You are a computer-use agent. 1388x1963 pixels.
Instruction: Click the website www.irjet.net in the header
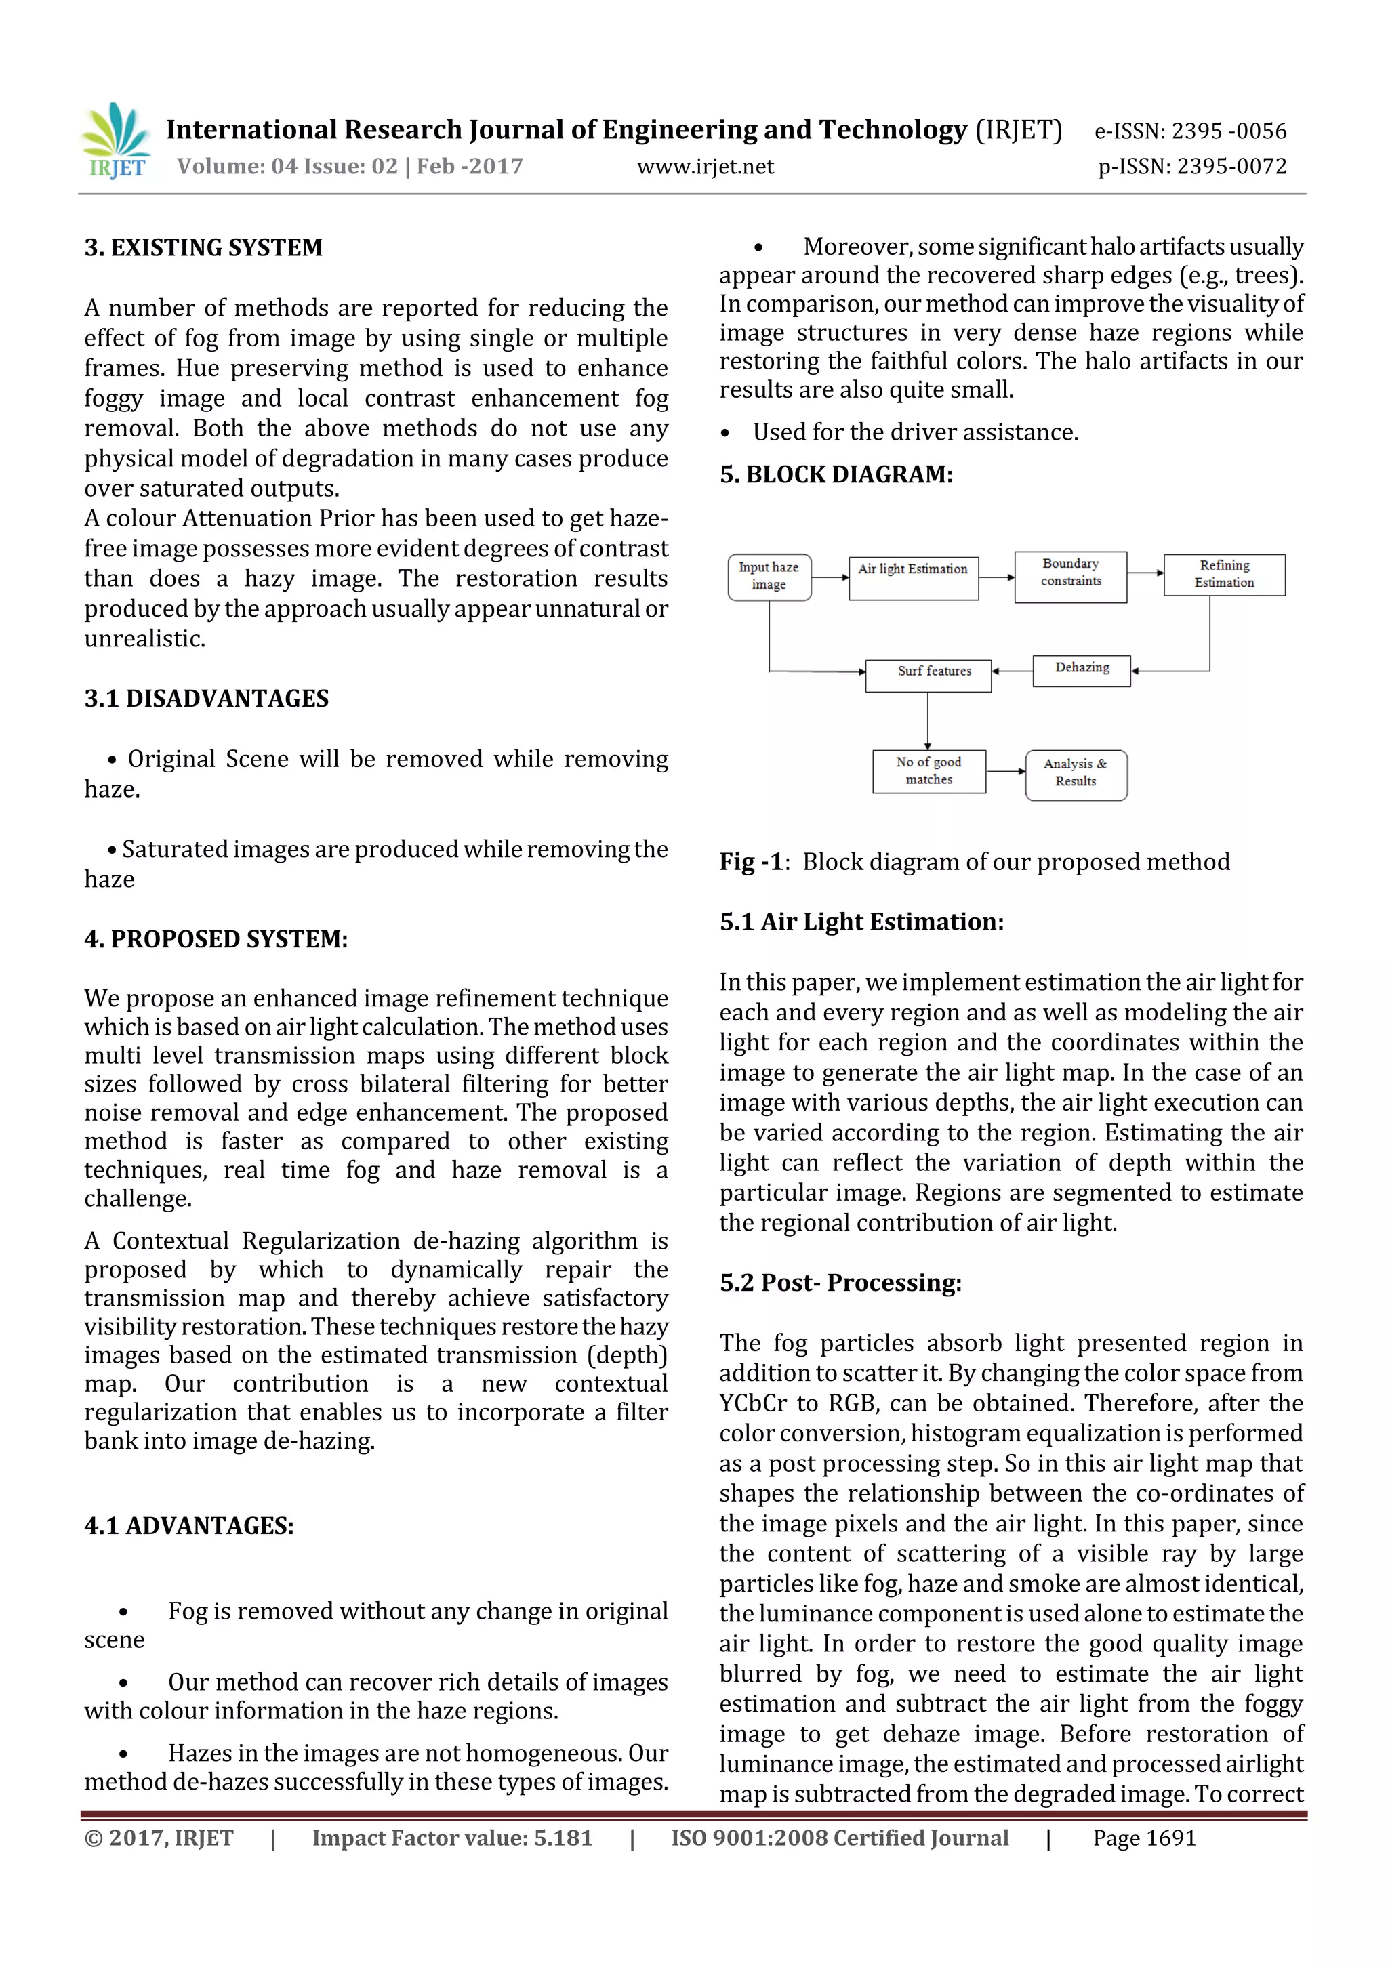point(705,167)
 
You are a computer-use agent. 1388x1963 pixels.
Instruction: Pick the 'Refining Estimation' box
point(1224,575)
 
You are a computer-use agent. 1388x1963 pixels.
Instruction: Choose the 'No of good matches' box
point(928,771)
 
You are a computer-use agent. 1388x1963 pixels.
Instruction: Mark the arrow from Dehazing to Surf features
point(1012,671)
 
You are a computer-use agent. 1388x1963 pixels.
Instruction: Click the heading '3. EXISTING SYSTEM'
point(203,248)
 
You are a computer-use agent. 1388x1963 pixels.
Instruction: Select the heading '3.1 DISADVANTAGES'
point(206,699)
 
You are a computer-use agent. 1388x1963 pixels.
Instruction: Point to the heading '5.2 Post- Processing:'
point(840,1283)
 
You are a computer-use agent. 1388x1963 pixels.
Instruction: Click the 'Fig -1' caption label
point(751,862)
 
